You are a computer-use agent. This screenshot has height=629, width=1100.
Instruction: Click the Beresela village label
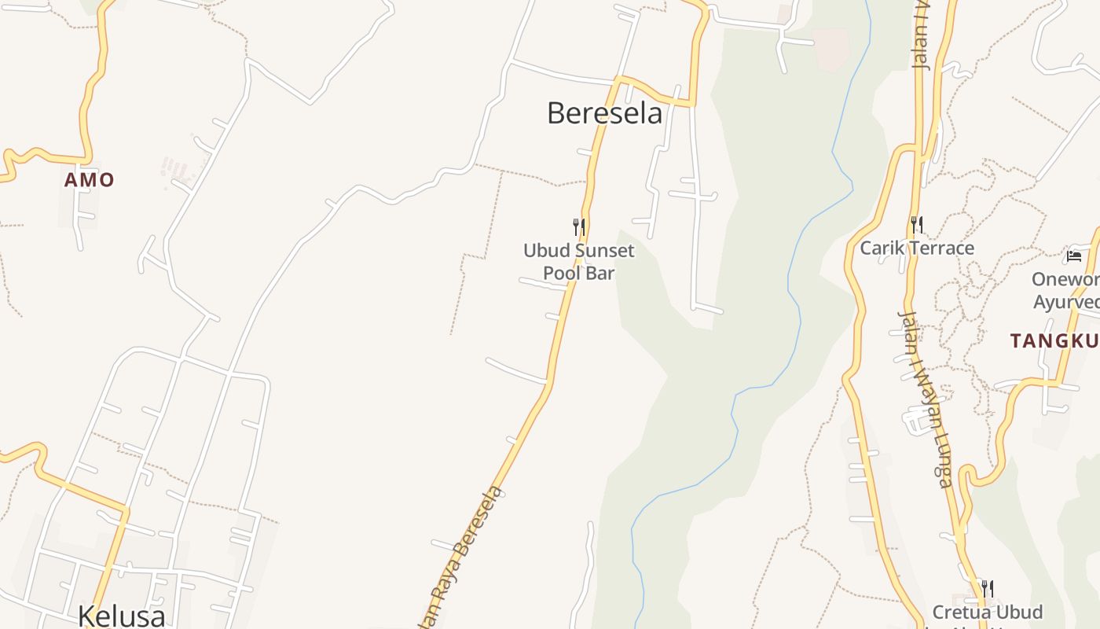(604, 113)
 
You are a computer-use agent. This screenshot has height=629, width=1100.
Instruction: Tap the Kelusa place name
(122, 615)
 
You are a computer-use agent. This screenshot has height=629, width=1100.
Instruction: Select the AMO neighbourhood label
(89, 180)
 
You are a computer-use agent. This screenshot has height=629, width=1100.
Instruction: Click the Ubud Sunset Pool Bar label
(579, 262)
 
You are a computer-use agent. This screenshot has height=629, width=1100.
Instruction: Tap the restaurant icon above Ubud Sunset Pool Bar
(579, 227)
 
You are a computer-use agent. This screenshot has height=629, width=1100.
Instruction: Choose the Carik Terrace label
(917, 248)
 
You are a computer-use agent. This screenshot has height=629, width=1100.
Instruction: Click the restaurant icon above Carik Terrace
(917, 225)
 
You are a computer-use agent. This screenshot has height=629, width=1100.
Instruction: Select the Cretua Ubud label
(988, 612)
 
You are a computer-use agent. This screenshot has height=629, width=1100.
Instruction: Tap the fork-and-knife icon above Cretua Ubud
(988, 587)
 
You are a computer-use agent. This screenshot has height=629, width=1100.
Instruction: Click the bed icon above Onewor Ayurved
(1074, 256)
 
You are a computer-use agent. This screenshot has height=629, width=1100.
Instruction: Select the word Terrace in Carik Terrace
(939, 248)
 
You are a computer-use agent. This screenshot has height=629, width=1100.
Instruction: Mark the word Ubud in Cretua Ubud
(1016, 612)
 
